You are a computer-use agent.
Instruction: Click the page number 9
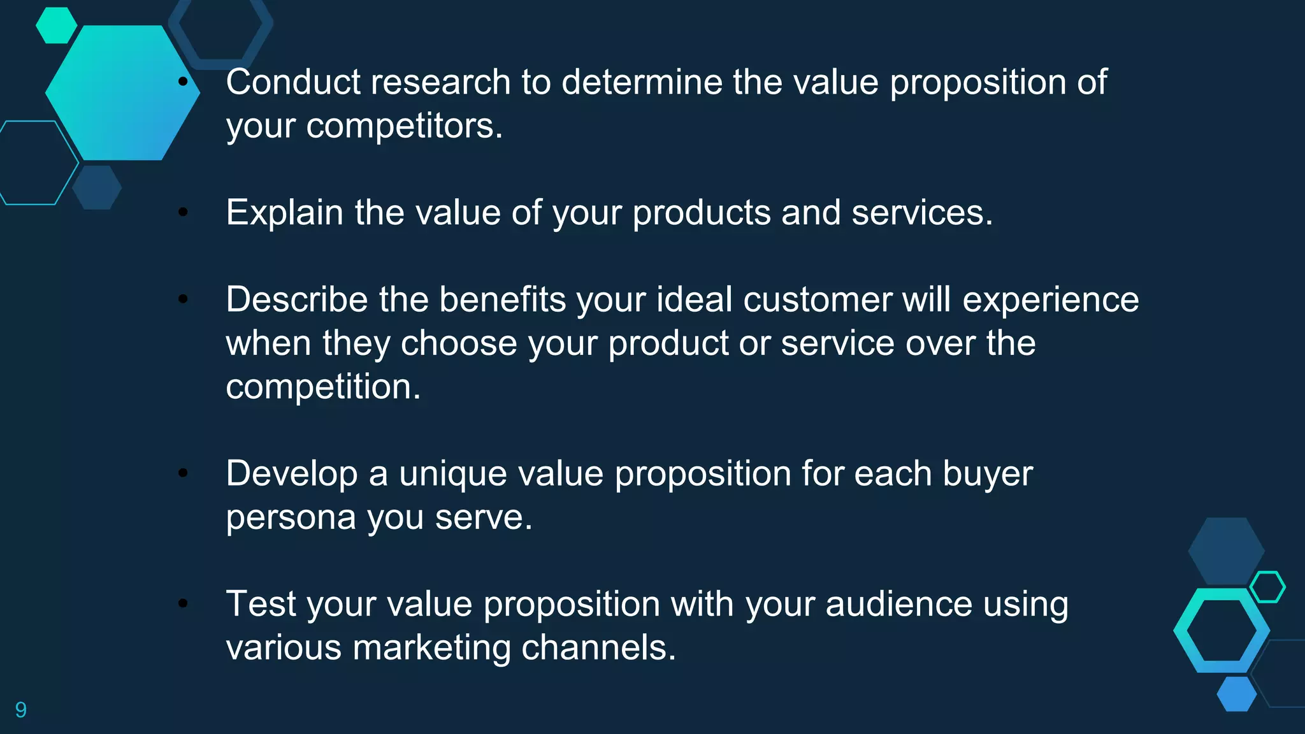tap(21, 709)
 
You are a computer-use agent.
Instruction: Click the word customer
tap(818, 299)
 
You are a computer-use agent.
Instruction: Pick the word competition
tap(323, 387)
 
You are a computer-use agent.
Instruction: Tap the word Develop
tap(292, 474)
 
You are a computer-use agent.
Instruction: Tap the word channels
tap(598, 647)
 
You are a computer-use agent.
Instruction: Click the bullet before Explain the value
tap(183, 212)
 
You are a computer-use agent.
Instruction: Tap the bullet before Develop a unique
tap(183, 473)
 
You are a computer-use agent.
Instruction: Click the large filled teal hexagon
tap(121, 93)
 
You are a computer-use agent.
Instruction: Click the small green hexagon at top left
tap(56, 25)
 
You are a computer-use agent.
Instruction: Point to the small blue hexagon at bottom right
tap(1236, 694)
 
